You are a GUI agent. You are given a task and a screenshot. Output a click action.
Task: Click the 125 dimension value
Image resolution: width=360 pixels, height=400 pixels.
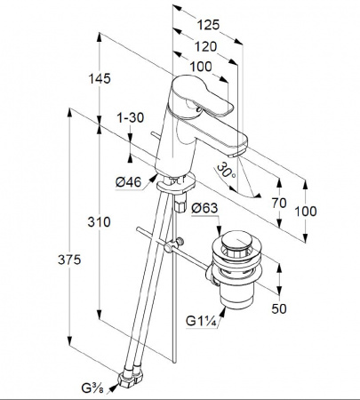208,25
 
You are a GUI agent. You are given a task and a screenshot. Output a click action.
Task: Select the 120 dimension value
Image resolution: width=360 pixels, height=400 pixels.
205,46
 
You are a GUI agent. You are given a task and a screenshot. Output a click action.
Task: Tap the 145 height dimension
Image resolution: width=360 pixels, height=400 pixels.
100,78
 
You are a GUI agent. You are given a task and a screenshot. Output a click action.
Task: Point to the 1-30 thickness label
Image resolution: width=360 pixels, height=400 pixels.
131,117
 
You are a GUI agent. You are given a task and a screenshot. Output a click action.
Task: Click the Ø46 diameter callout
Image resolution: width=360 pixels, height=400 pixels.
128,181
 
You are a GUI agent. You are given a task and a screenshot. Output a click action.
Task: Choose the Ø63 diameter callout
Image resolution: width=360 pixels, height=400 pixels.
204,208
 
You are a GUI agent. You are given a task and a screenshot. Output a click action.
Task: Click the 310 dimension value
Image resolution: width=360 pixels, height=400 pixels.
99,221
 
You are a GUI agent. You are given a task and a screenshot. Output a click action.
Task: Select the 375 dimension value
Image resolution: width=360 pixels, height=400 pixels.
69,260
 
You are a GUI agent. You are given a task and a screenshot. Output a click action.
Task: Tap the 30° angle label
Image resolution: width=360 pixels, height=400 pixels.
226,171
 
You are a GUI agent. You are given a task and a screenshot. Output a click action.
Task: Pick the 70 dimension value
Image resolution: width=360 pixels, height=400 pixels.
279,203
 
